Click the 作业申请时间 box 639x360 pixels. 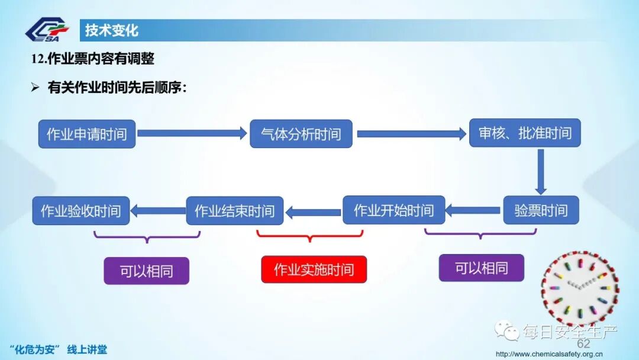pos(87,134)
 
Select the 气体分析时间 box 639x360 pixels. pos(301,134)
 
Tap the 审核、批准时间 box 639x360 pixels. pos(525,133)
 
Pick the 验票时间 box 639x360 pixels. pos(541,210)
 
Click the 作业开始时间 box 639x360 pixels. pos(393,210)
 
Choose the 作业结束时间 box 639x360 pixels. pos(235,211)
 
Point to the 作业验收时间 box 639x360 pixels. pos(80,210)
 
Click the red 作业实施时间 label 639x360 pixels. pos(314,269)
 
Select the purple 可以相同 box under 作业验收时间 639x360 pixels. pos(146,271)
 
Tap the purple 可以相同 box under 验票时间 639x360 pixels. pos(481,268)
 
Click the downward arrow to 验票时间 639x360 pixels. pos(540,171)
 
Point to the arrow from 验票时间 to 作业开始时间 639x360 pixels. pos(473,210)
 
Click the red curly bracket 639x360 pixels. pos(309,236)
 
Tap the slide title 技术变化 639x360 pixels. pos(112,30)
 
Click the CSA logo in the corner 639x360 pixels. pos(47,30)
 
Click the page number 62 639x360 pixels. pos(583,344)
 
